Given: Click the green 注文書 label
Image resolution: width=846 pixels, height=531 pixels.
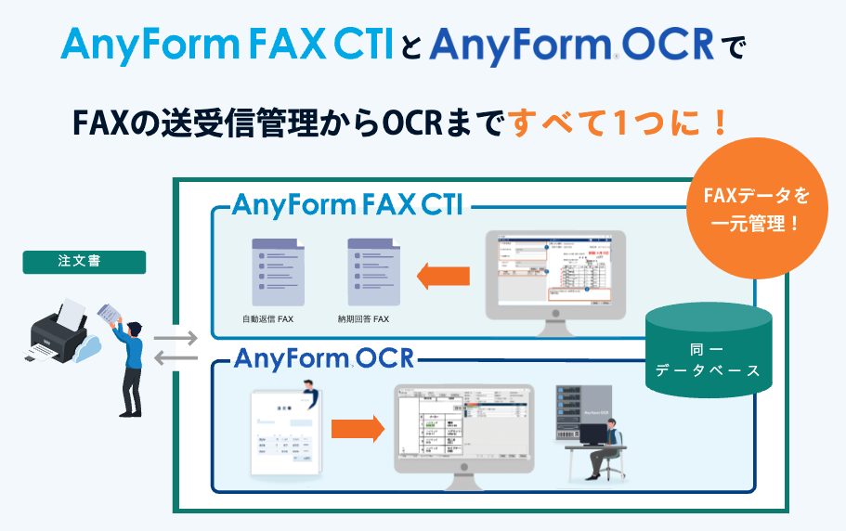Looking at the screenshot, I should pos(84,263).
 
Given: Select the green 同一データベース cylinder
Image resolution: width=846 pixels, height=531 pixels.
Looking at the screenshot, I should pos(708,350).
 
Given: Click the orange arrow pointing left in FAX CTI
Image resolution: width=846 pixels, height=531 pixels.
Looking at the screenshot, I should pos(443,275).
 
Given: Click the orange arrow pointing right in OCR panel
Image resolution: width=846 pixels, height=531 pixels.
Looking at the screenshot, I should pos(358,428).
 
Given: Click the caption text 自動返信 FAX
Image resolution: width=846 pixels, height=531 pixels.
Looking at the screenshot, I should pos(267,318).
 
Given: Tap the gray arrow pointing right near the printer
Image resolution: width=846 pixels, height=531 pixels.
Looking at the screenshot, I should pos(176,339).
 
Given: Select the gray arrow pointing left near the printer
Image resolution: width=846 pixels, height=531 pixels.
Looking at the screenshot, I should pos(176,358).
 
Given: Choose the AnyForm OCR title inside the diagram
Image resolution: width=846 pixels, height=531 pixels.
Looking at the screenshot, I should pos(324,358).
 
